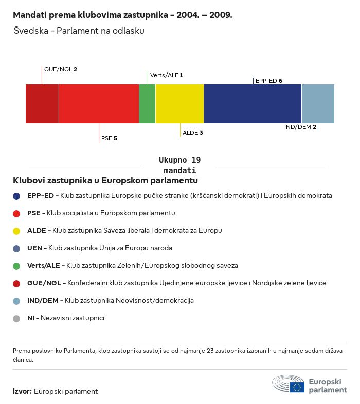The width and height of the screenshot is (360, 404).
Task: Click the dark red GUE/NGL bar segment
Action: pos(42,104)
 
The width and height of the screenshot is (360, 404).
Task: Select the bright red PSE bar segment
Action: pos(98,104)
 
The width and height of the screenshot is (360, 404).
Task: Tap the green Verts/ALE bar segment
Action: pos(147,104)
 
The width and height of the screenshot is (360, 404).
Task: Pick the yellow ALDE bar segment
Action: pos(179,104)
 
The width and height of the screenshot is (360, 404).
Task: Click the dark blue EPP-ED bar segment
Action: pos(253,104)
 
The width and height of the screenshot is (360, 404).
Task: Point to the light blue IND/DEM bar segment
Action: pos(318,104)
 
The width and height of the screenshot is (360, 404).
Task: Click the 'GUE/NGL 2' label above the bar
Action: pos(61,69)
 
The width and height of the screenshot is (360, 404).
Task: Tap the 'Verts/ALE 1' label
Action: pos(167,75)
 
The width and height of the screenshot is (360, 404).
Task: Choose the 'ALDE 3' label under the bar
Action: pos(193,133)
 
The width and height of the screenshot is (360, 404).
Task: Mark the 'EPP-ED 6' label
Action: pos(268,81)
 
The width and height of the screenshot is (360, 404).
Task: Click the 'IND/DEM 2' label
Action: pos(300,127)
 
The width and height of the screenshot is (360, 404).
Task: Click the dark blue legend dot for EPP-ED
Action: pos(17,196)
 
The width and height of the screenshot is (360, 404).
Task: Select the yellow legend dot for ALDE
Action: pos(17,231)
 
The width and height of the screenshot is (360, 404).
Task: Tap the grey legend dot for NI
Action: pos(17,318)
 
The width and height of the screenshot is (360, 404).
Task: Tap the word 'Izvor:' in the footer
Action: pos(22,391)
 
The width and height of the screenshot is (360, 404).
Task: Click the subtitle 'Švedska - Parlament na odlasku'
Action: pos(79,31)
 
